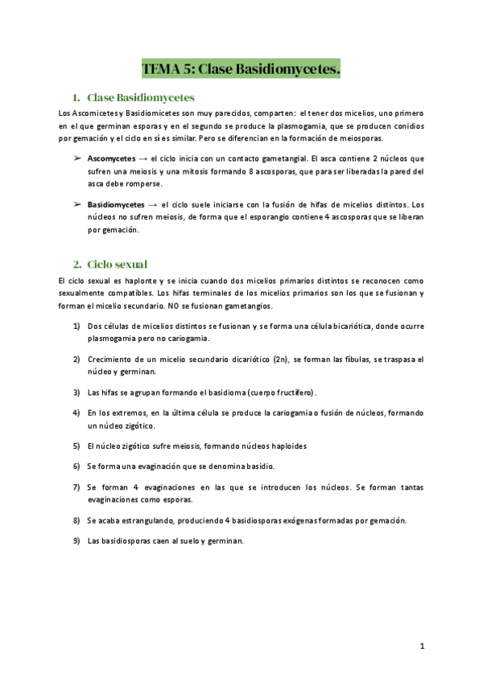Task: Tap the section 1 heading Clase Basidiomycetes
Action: click(x=140, y=97)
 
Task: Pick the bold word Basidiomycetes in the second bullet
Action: click(x=117, y=205)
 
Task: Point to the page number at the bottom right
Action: click(x=422, y=646)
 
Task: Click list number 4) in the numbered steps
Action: click(x=76, y=413)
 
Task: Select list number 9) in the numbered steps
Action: click(x=76, y=540)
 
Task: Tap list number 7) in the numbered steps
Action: click(x=76, y=487)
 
